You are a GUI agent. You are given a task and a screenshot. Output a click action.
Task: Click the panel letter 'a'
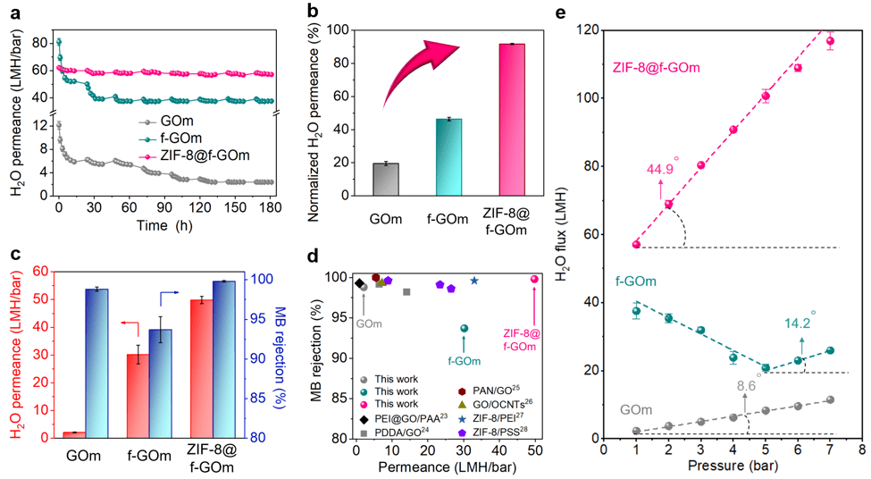tap(15, 13)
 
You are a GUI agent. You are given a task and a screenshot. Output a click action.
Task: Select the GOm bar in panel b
tap(386, 180)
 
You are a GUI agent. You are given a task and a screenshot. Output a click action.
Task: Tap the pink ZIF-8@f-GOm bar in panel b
tap(512, 120)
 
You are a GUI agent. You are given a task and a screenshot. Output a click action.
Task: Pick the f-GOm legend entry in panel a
tap(170, 138)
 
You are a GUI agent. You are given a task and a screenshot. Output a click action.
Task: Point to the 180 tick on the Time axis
tap(270, 207)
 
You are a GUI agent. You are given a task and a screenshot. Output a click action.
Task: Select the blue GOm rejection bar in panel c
tap(96, 364)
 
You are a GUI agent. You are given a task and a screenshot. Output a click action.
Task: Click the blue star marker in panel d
tap(473, 282)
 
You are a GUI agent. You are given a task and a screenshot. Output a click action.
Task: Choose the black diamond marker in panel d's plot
tap(359, 283)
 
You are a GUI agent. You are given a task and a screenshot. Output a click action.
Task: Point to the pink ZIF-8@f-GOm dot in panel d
tap(534, 279)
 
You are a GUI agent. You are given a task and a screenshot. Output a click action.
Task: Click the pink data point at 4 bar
tap(733, 130)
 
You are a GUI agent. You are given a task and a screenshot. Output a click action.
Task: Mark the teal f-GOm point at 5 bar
tap(766, 368)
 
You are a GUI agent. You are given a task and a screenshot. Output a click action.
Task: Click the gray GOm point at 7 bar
tap(831, 399)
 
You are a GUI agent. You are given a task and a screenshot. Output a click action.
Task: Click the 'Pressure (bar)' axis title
tap(733, 466)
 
